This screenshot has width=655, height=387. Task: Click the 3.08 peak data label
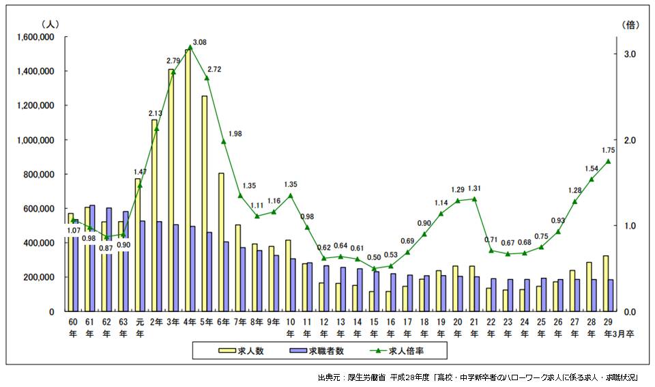point(200,42)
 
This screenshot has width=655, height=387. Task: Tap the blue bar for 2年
point(160,266)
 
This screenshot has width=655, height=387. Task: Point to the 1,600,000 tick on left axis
point(33,37)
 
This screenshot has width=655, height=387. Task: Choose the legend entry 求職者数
point(320,351)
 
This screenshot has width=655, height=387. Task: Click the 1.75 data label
point(609,150)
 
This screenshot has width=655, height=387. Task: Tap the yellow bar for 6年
point(221,242)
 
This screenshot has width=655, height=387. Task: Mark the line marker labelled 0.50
point(374,268)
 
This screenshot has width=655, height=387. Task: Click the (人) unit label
point(50,24)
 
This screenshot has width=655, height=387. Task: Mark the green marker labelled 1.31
point(474,199)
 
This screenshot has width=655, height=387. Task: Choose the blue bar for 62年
point(109,259)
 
